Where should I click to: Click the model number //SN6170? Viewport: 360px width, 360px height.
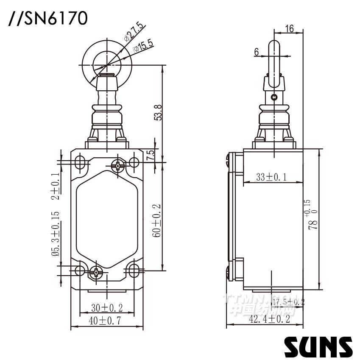pos(48,19)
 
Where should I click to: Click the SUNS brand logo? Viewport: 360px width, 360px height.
pos(318,346)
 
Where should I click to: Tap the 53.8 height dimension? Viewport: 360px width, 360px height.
pos(158,112)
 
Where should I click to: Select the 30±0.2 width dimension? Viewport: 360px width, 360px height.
pos(107,307)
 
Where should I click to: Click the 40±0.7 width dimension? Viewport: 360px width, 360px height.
pos(105,321)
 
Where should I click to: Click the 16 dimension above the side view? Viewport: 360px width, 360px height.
pos(290,29)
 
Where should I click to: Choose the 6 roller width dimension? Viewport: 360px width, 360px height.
pos(257,52)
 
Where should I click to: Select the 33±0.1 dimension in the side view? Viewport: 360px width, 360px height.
pos(271,177)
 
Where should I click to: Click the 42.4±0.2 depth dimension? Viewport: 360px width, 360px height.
pos(270,319)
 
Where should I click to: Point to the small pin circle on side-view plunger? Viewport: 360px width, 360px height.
pos(274,97)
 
